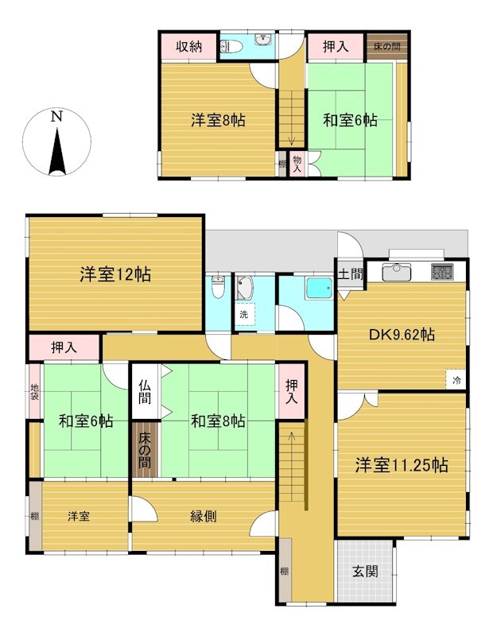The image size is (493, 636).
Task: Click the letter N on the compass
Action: point(56,117)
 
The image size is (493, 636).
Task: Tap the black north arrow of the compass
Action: point(57,151)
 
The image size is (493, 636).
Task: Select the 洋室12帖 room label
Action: point(115,274)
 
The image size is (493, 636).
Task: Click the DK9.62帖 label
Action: point(402,335)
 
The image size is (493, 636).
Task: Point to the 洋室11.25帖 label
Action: point(402,465)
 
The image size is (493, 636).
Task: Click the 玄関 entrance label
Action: point(365,571)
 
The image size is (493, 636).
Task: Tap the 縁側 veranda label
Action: point(203,516)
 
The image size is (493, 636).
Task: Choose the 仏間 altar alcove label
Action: point(145,391)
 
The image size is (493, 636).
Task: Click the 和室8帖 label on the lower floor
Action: point(218,421)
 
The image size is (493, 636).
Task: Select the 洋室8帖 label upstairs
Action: point(218,121)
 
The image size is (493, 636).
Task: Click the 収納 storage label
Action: point(188,47)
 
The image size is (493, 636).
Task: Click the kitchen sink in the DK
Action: point(397,272)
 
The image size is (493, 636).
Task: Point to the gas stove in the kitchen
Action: point(442,272)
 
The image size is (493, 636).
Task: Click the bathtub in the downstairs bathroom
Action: point(319,289)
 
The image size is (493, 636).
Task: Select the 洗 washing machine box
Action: point(244,314)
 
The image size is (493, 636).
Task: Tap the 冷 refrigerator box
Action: point(456,380)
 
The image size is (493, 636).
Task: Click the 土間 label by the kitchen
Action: point(350,274)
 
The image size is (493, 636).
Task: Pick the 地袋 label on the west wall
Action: point(34,391)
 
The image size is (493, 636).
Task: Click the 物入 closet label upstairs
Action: point(297,164)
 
